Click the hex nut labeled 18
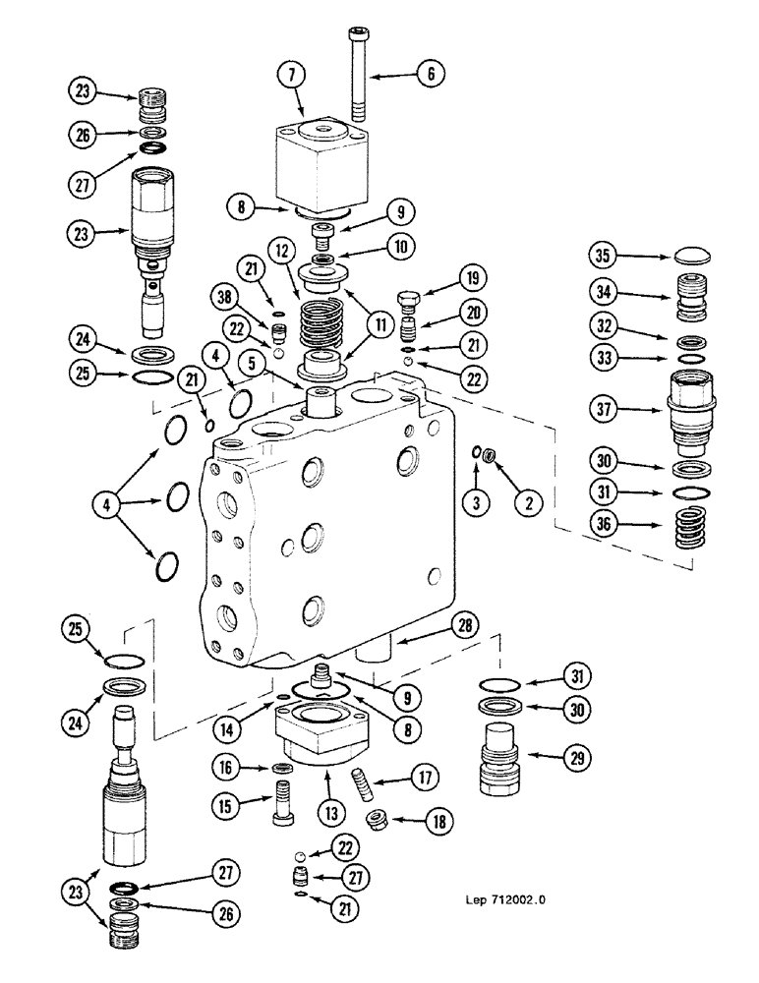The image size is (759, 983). (x=377, y=818)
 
